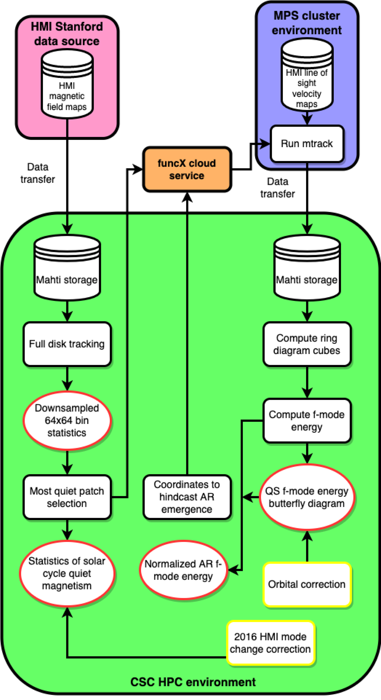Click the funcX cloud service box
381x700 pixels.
[187, 169]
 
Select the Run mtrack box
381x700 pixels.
[307, 144]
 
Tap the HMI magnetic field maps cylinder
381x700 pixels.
[67, 84]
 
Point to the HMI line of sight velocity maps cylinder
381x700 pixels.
[307, 75]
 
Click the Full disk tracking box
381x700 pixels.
[67, 344]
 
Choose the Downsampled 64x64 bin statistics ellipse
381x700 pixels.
[67, 420]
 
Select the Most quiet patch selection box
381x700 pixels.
[67, 497]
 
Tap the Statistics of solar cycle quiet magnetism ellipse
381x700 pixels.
[67, 573]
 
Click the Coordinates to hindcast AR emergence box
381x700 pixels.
[187, 497]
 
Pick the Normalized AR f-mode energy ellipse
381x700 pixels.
[183, 570]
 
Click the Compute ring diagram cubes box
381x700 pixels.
[307, 344]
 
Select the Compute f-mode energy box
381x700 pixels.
[307, 420]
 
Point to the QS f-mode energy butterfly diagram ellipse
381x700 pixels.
[307, 497]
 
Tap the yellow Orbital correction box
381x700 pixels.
[307, 584]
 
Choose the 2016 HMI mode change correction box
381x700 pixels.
[271, 643]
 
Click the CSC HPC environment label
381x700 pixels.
[193, 682]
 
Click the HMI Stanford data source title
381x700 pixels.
[67, 34]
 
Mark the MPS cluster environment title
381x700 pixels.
[307, 23]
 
